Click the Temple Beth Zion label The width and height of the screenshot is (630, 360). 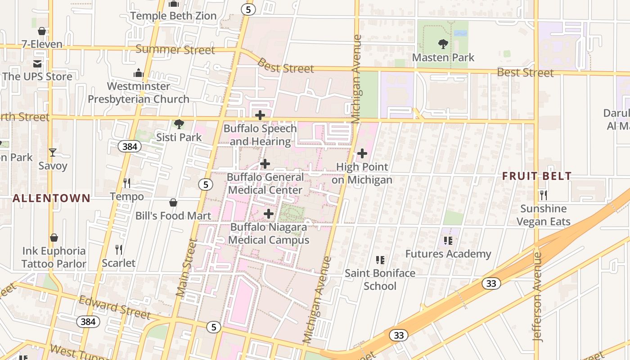(173, 16)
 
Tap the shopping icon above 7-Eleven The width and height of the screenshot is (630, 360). (42, 31)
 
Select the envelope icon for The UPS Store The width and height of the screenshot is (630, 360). (37, 63)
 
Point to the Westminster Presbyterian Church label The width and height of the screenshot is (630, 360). (139, 93)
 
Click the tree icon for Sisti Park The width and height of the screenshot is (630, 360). (179, 124)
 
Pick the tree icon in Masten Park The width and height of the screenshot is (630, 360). (443, 44)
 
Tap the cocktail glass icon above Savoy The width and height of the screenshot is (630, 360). (53, 153)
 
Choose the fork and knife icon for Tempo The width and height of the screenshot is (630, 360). (127, 183)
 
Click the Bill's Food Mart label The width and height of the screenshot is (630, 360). (173, 216)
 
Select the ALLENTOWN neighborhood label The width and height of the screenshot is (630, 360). (51, 198)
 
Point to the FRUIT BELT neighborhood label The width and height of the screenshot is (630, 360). (537, 176)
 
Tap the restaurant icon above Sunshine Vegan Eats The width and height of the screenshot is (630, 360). (544, 195)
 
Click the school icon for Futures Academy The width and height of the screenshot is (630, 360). (448, 241)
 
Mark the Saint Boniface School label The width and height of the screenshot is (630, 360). (380, 279)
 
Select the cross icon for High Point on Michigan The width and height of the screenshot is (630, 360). (362, 154)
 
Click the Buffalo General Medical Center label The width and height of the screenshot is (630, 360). (265, 184)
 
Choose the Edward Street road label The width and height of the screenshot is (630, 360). (114, 307)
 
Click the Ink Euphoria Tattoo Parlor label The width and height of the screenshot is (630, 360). (54, 257)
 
